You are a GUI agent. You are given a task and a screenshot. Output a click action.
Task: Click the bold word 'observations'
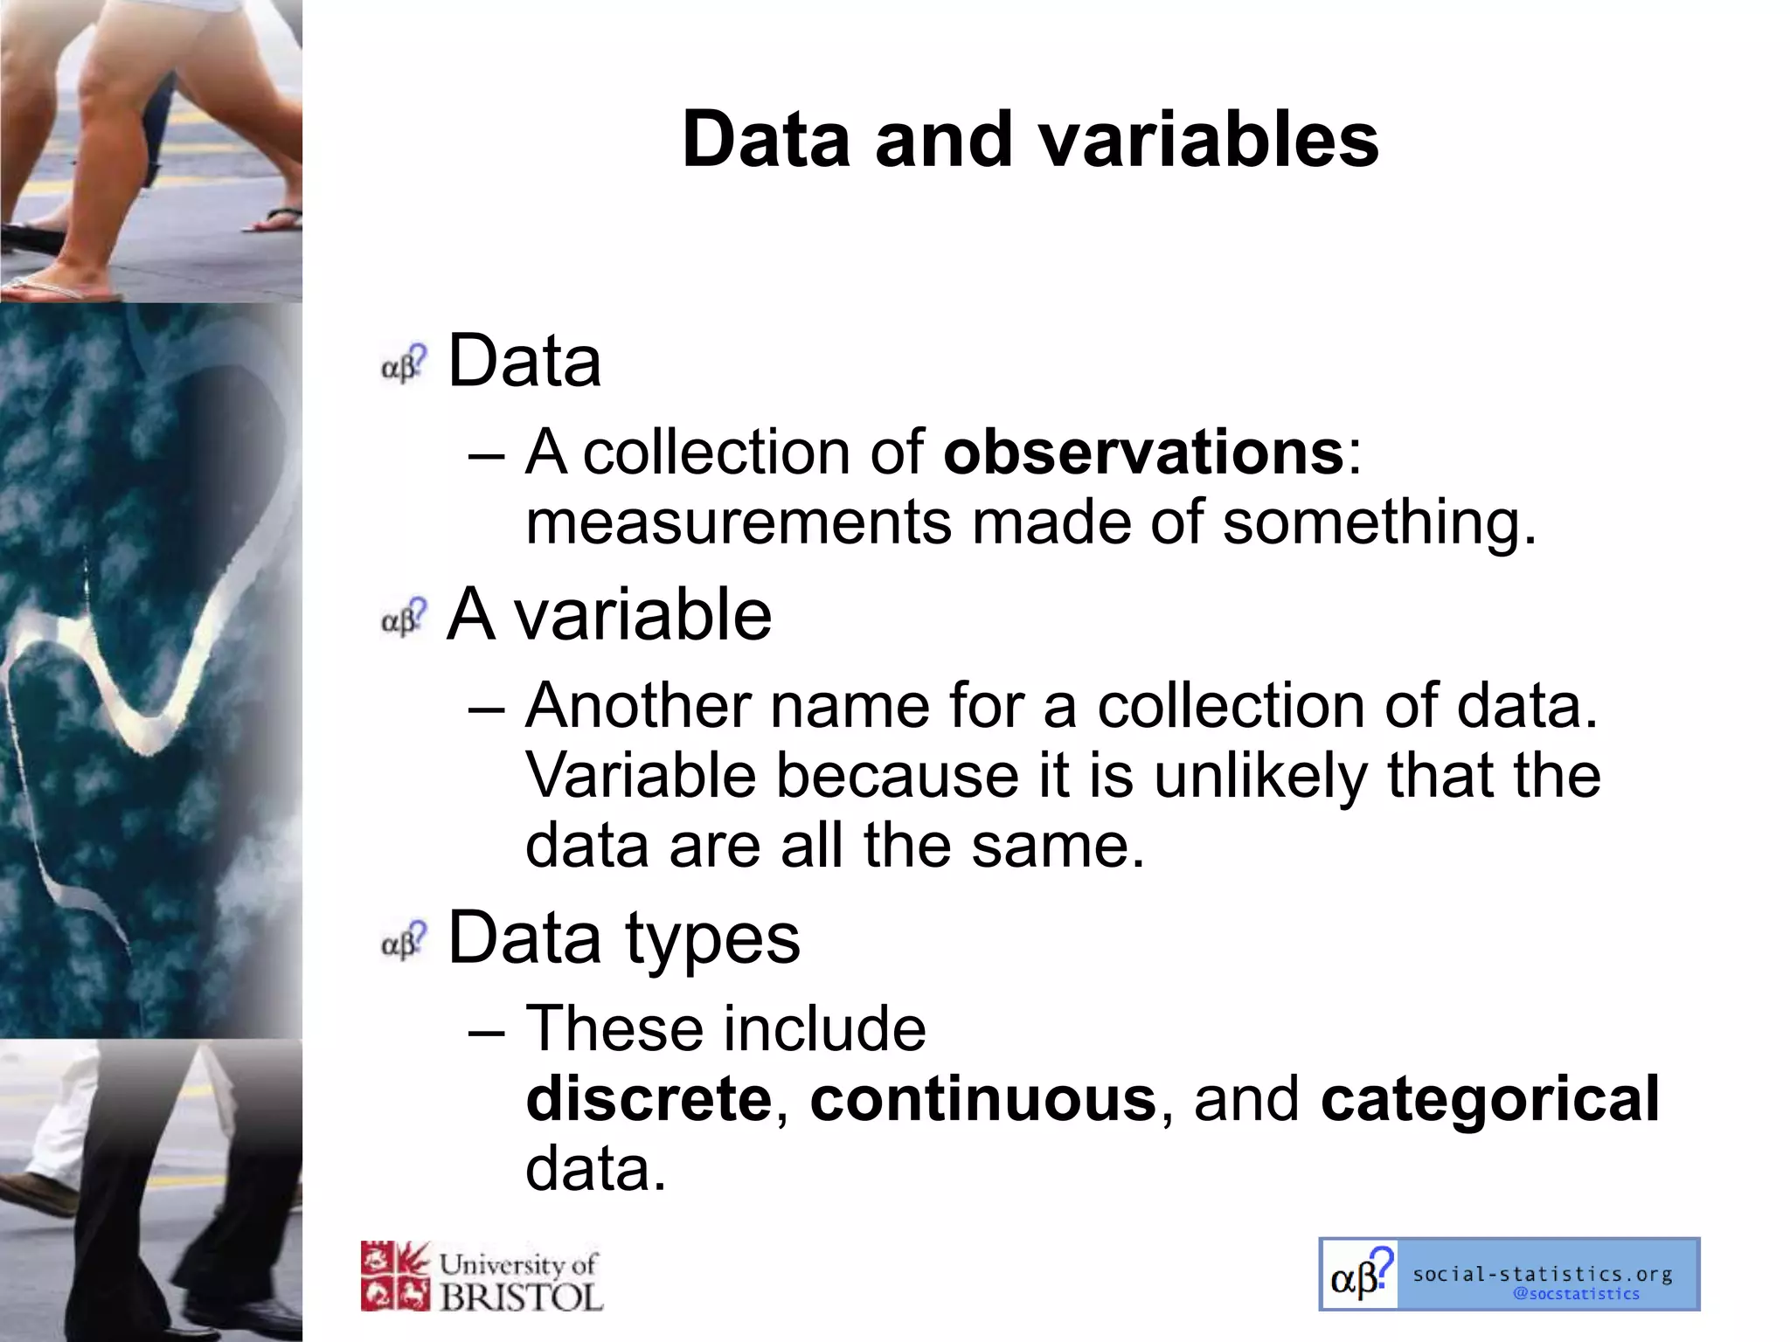tap(1143, 453)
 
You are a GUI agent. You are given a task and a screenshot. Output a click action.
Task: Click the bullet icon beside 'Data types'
tap(404, 940)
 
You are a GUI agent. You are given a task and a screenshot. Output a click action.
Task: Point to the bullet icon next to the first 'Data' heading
tap(404, 363)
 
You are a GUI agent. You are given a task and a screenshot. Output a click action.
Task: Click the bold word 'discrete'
tap(649, 1099)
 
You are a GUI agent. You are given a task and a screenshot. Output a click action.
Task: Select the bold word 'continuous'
tap(983, 1099)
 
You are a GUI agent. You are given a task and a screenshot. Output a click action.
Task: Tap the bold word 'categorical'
tap(1489, 1099)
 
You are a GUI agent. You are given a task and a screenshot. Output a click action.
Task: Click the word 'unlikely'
tap(1260, 776)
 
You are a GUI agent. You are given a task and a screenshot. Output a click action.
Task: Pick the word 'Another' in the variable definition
tap(638, 706)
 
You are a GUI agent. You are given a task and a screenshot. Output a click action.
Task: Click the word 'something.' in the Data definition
tap(1378, 522)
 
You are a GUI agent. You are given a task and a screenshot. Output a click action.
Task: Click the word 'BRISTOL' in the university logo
tap(522, 1297)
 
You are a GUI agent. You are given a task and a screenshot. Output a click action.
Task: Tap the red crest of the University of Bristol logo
tap(395, 1276)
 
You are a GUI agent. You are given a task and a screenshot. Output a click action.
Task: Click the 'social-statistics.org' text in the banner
tap(1543, 1274)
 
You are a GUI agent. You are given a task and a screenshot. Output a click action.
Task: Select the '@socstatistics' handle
tap(1576, 1294)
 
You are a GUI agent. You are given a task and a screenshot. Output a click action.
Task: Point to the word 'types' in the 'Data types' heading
tap(712, 939)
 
